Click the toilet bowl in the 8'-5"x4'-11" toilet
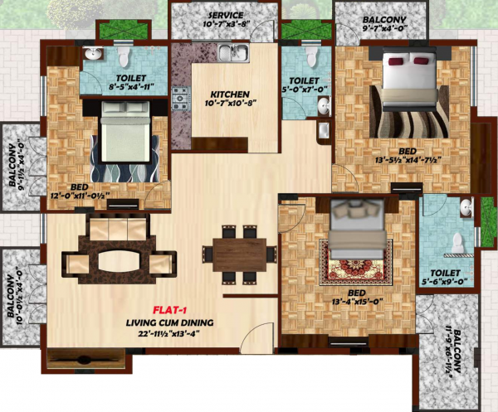(x=124, y=57)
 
